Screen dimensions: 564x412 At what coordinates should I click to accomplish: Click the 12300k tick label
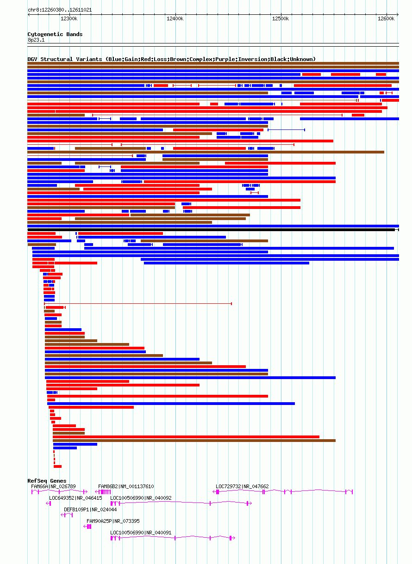[x=69, y=18]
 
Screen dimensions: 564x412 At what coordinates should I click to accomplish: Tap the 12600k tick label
[x=386, y=18]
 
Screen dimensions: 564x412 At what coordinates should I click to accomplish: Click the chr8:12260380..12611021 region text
[x=59, y=10]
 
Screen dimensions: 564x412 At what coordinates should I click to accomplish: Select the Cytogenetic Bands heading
[x=55, y=34]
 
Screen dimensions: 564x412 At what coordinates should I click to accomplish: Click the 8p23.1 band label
[x=36, y=40]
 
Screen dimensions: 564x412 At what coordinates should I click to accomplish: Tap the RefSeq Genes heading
[x=47, y=481]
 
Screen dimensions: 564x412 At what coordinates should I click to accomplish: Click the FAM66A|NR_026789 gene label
[x=53, y=486]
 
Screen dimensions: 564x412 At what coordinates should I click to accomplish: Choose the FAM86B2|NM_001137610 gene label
[x=126, y=486]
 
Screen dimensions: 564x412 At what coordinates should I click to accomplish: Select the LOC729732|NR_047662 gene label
[x=242, y=486]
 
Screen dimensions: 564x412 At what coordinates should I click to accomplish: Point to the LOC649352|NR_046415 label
[x=75, y=498]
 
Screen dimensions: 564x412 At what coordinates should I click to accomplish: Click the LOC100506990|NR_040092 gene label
[x=141, y=498]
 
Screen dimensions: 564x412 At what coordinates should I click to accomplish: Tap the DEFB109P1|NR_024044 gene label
[x=90, y=509]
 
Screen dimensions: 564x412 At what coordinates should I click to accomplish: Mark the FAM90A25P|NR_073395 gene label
[x=113, y=521]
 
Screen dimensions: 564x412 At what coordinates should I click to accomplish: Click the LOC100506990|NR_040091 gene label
[x=141, y=533]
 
